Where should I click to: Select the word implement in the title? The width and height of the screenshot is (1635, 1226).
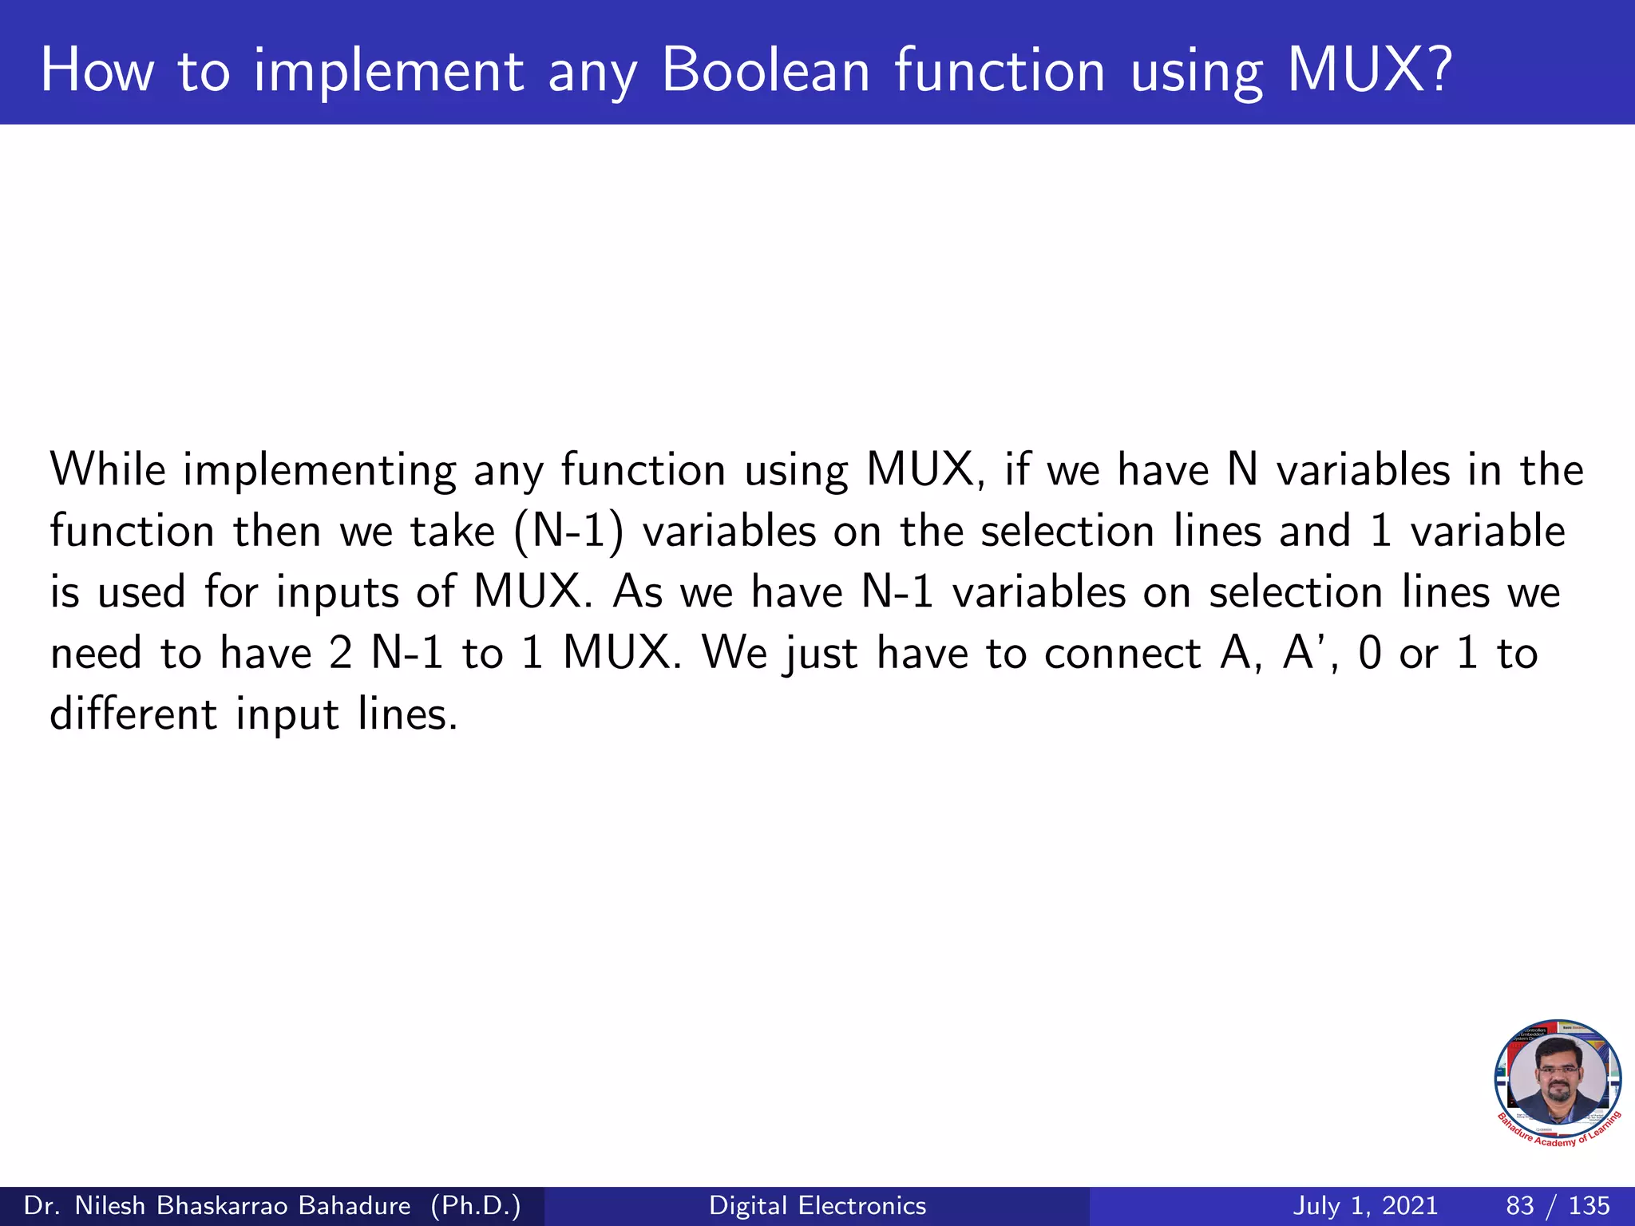pyautogui.click(x=388, y=73)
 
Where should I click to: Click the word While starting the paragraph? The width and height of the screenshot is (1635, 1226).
pyautogui.click(x=108, y=469)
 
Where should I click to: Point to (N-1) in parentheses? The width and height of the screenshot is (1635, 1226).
pyautogui.click(x=568, y=532)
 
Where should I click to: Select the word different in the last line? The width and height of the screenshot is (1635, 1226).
pyautogui.click(x=133, y=714)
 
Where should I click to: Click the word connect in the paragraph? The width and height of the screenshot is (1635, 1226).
pyautogui.click(x=1122, y=654)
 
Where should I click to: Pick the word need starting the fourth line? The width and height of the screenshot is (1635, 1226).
pyautogui.click(x=96, y=654)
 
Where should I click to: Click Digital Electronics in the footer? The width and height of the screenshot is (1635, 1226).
pyautogui.click(x=817, y=1205)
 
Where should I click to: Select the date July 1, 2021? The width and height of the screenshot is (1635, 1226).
pyautogui.click(x=1365, y=1205)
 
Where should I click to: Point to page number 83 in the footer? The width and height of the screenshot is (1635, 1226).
pyautogui.click(x=1520, y=1205)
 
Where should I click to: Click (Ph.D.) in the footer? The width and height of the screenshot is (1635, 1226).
pyautogui.click(x=475, y=1205)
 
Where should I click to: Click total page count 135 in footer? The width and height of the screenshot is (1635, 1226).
pyautogui.click(x=1589, y=1205)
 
